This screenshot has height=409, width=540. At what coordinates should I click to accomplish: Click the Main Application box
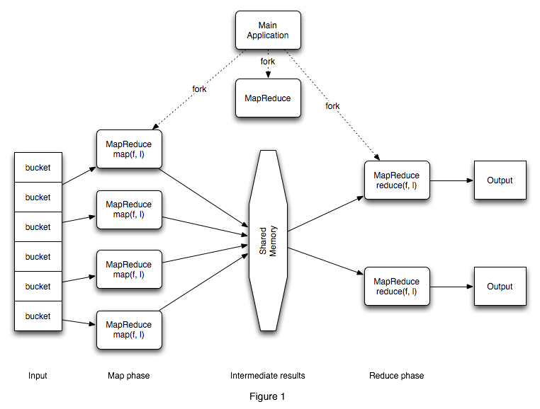click(268, 30)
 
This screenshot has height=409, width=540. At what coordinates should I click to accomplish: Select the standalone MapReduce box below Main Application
click(268, 98)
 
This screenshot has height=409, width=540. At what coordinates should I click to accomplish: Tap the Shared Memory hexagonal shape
click(267, 241)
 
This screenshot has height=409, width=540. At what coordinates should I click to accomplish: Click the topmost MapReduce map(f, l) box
click(128, 150)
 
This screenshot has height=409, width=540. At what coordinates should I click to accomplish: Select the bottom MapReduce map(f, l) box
click(128, 329)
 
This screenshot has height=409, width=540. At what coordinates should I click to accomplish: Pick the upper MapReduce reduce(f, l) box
click(396, 180)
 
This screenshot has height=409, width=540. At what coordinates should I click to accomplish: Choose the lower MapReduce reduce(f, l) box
click(396, 287)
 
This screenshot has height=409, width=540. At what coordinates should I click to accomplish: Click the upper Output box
click(500, 180)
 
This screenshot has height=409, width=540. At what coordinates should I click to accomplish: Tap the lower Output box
click(500, 287)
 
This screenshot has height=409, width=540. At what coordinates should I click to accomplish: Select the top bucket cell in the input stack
click(38, 168)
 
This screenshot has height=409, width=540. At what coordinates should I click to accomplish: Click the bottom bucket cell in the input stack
click(38, 316)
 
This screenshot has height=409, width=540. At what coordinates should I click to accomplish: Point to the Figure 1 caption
click(268, 396)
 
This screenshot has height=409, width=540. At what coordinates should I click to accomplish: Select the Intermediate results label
click(268, 376)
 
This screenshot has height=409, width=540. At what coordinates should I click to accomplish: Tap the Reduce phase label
click(396, 376)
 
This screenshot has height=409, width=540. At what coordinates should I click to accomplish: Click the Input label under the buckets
click(38, 376)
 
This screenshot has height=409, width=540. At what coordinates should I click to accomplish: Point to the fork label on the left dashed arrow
click(199, 89)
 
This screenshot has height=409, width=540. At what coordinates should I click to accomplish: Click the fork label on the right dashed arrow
click(332, 106)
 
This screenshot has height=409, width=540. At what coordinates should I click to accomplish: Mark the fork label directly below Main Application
click(268, 62)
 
